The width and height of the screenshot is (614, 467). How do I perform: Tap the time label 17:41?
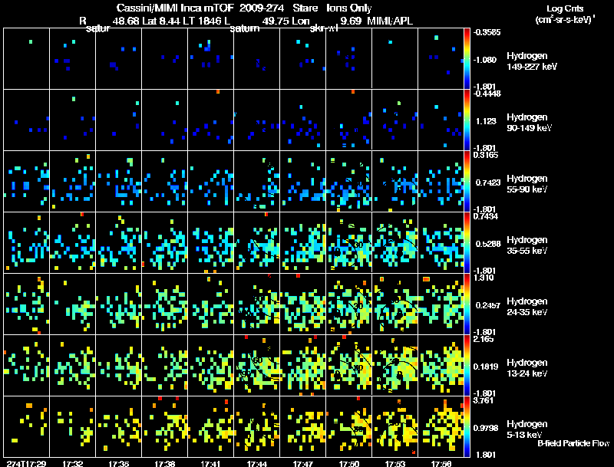point(210,463)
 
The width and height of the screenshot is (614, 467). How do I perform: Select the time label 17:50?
point(348,463)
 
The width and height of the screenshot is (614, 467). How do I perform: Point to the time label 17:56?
point(441,463)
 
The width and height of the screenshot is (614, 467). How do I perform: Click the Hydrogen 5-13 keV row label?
point(528,429)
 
